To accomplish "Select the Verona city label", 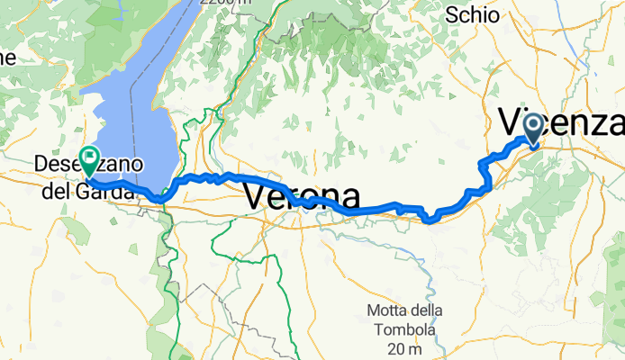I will point(302,196).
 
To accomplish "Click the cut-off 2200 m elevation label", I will point(225,3).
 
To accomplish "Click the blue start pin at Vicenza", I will point(532,127).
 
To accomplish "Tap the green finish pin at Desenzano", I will point(90,159).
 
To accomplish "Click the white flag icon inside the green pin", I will point(90,157).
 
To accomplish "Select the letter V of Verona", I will point(257,196).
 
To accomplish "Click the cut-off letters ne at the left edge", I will point(7,58).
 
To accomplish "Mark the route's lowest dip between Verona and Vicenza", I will point(430,219).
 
